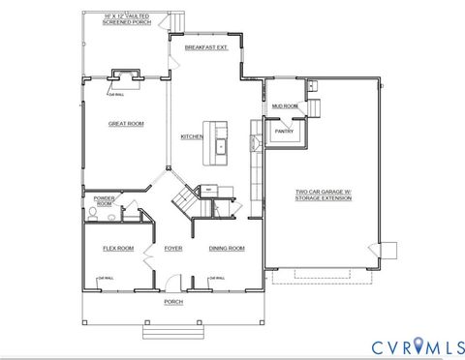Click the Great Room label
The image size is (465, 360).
(x=126, y=124)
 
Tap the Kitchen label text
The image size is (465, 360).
(x=192, y=136)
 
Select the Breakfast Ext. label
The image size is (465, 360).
(x=206, y=45)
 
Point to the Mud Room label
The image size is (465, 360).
(x=284, y=105)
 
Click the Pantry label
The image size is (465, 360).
(x=284, y=130)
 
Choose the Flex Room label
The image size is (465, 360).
(x=118, y=249)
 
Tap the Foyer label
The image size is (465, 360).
(x=173, y=249)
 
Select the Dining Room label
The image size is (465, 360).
(x=227, y=249)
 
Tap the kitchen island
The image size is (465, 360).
(x=218, y=141)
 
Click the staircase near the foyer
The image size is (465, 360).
(x=184, y=201)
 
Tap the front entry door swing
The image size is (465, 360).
(x=170, y=282)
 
